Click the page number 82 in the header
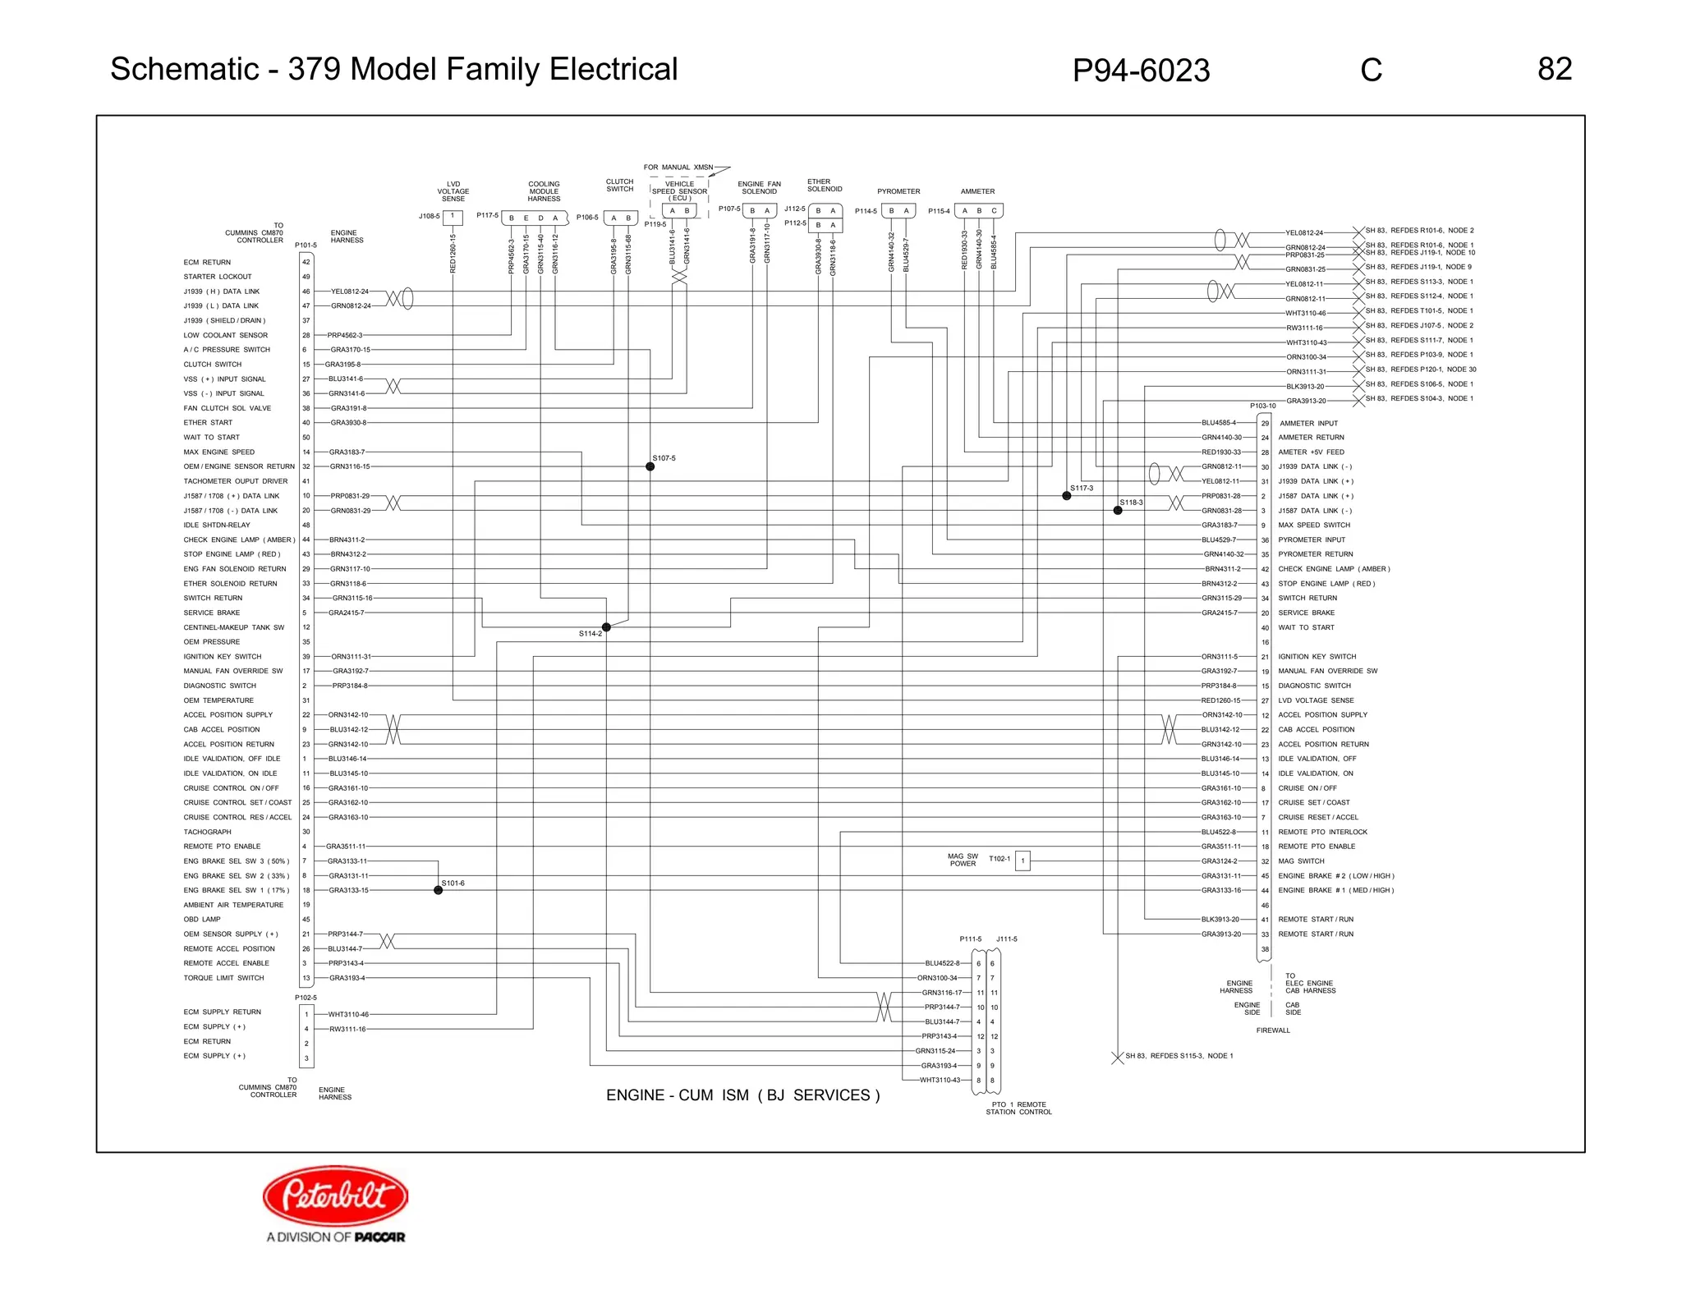coord(1554,69)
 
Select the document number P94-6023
coord(1141,71)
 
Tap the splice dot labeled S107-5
coord(650,466)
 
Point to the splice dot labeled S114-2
coord(606,627)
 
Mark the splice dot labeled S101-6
coord(439,890)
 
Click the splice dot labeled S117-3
coord(1067,496)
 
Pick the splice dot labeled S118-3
coord(1118,511)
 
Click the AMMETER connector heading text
coord(977,191)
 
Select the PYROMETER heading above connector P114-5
coord(898,191)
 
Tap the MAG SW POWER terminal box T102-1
coord(1023,861)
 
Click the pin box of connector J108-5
coord(453,217)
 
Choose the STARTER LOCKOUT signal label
coord(218,277)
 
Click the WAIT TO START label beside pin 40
coord(1306,627)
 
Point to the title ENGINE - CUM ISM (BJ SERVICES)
coord(742,1095)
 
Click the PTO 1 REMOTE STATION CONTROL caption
coord(1018,1109)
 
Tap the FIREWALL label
coord(1273,1030)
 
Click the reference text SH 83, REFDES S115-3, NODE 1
coord(1179,1056)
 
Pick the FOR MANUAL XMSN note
coord(678,168)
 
